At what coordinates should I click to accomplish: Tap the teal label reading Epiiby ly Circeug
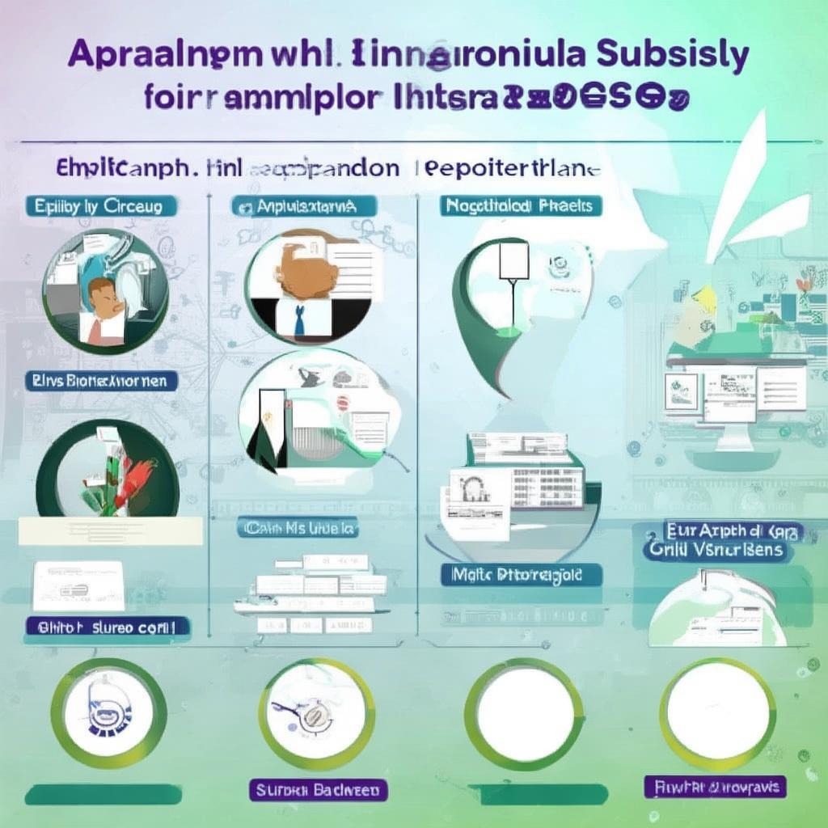pos(99,206)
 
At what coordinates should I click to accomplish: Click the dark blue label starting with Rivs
pos(101,380)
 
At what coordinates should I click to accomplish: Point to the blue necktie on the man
pos(300,320)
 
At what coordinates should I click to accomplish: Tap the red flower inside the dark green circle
pos(137,477)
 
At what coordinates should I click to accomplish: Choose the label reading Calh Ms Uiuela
pos(298,529)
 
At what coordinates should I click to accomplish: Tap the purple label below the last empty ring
pos(716,786)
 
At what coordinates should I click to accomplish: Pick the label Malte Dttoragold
pos(522,575)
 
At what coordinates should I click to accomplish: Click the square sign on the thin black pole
pos(514,260)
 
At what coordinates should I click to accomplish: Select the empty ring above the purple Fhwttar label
pos(716,712)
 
